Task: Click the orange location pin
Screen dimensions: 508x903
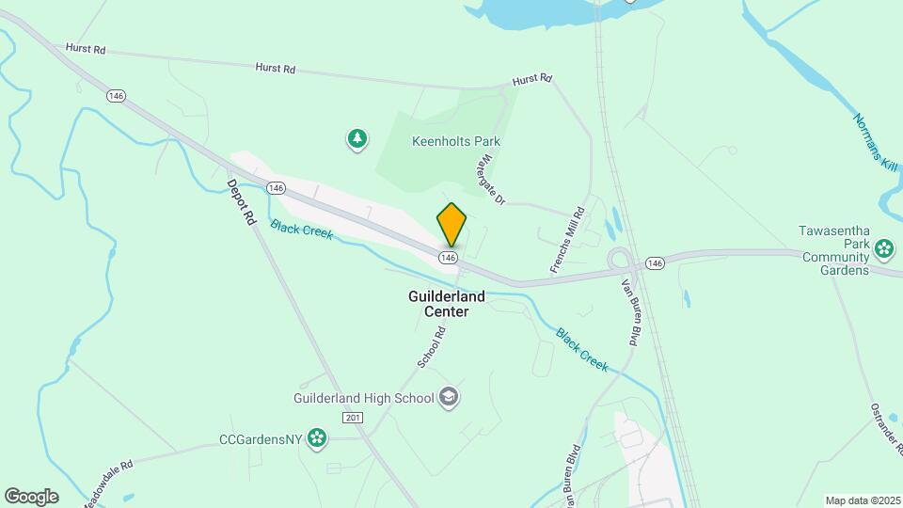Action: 451,225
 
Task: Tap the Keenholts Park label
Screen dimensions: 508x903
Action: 455,141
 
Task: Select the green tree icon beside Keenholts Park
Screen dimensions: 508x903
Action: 356,140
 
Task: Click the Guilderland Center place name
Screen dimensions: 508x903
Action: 447,303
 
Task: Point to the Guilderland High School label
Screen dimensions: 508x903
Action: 362,398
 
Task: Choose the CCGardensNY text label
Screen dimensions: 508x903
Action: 262,437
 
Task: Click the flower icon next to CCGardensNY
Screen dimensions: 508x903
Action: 318,437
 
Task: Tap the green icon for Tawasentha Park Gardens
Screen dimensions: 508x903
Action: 884,249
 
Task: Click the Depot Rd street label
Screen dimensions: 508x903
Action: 242,201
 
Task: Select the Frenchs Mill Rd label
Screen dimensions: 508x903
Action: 567,241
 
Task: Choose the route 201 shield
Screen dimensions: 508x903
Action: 353,418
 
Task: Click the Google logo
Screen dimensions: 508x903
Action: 31,497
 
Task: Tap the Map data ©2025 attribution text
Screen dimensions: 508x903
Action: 863,500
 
